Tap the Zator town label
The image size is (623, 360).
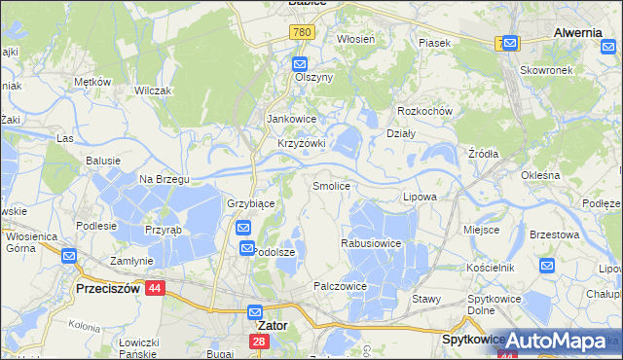[272, 326]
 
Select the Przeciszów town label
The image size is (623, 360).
[109, 289]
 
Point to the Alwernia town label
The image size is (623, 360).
[577, 32]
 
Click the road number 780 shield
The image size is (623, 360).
[302, 33]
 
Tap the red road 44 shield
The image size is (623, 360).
[155, 288]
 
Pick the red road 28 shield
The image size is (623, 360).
[259, 342]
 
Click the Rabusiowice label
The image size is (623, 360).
[372, 242]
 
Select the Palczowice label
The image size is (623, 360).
[340, 286]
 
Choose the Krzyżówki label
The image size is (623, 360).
[301, 143]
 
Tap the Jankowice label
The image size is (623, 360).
[293, 120]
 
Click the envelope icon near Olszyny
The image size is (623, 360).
[301, 64]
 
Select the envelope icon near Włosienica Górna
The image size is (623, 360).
[69, 256]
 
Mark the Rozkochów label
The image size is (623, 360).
[425, 111]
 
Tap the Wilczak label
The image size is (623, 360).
[153, 90]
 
